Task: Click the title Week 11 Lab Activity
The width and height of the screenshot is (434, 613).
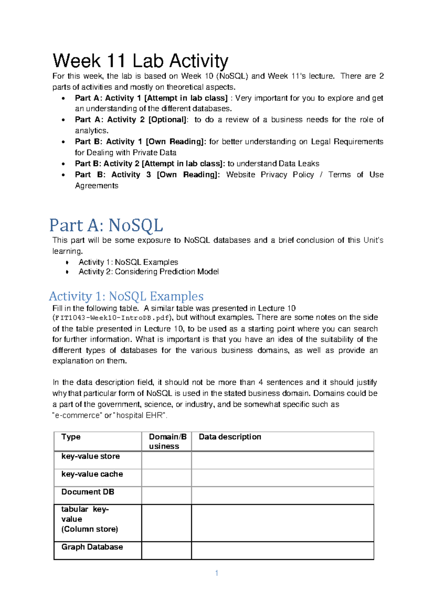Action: (x=140, y=61)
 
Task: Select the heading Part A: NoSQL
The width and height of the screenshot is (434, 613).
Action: (x=106, y=226)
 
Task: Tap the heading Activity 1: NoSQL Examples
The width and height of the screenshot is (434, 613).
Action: (x=126, y=296)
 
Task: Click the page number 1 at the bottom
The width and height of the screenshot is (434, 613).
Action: (x=216, y=573)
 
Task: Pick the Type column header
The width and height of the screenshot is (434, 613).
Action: (x=71, y=437)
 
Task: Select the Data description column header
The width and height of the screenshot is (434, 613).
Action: (x=230, y=437)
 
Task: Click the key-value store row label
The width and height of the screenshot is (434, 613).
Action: (x=90, y=456)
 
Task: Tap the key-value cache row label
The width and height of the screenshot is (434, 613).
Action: (x=92, y=474)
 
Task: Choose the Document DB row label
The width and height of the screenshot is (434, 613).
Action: (x=88, y=492)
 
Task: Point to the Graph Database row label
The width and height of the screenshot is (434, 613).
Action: (x=92, y=547)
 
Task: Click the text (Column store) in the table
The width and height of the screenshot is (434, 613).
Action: (x=89, y=529)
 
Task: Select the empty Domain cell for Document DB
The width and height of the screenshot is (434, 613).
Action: (x=166, y=495)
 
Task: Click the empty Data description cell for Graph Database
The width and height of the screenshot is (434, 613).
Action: (x=282, y=550)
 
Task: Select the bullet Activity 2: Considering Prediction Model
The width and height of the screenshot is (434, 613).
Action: (x=148, y=272)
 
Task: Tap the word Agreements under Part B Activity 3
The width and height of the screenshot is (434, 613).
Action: (x=97, y=186)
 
